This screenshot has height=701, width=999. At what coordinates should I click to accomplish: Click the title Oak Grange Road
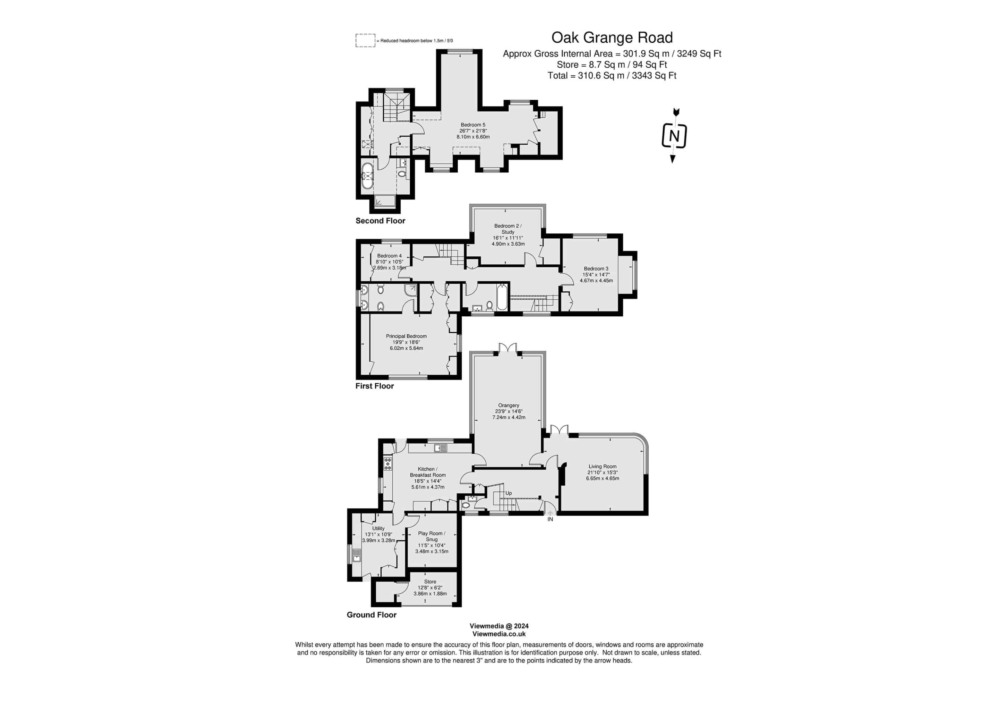tap(612, 38)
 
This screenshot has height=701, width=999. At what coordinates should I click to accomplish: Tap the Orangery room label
tap(509, 405)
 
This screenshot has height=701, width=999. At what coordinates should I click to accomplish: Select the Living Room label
tap(603, 467)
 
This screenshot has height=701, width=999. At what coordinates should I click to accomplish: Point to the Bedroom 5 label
tap(473, 125)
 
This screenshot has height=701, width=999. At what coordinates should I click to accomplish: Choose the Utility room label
tap(378, 529)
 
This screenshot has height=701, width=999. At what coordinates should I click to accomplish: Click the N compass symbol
tap(674, 136)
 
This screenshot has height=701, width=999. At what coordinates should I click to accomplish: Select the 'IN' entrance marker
tap(550, 520)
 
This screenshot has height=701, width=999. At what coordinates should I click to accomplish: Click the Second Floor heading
tap(380, 221)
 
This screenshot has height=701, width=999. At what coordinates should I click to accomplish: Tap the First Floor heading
tap(375, 386)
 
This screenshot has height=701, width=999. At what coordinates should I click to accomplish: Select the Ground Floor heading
tap(372, 615)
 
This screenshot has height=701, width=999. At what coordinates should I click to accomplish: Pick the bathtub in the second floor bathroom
tap(368, 176)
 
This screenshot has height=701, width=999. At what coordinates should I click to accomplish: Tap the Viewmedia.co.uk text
tap(499, 634)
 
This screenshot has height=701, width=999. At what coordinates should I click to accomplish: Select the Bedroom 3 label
tap(596, 269)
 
